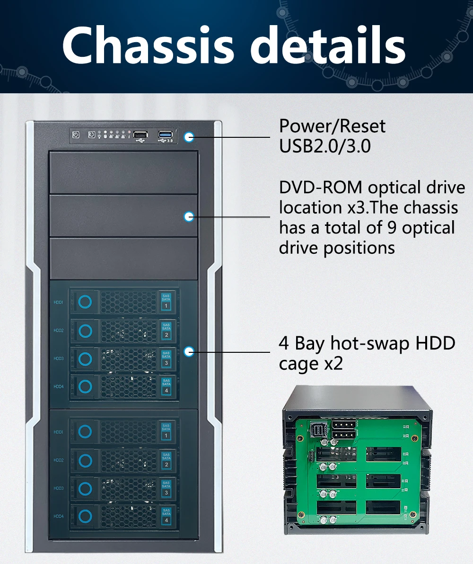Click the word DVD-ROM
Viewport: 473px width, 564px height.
pos(320,188)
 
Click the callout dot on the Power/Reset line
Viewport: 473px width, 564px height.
pos(189,137)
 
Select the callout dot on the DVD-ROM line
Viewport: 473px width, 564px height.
pos(189,216)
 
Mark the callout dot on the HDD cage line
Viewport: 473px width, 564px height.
pos(189,351)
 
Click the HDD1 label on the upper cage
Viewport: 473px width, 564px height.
pos(59,302)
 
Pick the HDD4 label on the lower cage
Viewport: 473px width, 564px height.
pos(59,516)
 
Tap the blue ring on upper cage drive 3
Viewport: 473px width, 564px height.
pos(85,359)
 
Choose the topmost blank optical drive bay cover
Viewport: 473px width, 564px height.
pos(123,172)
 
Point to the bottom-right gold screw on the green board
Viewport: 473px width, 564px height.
pos(412,514)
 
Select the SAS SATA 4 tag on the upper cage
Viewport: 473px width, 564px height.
pos(166,386)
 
